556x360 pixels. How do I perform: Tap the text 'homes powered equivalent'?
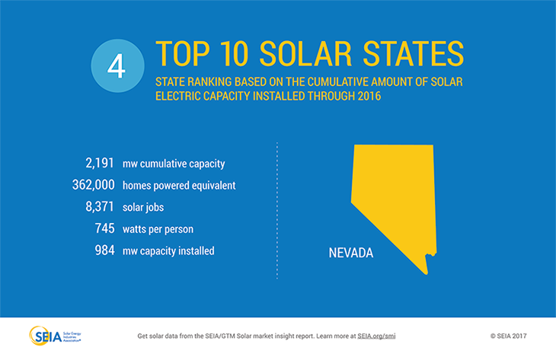point(179,185)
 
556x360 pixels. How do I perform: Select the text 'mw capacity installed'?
point(168,250)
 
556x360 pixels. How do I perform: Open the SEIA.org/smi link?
point(378,335)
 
